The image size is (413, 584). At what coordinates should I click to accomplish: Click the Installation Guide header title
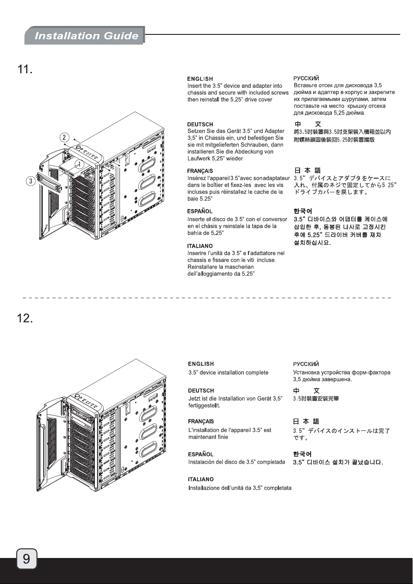pos(86,36)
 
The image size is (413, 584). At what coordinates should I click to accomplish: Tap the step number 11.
pos(25,69)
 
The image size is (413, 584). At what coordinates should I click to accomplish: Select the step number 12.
pos(25,318)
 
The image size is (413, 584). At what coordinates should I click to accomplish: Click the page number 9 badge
pos(26,559)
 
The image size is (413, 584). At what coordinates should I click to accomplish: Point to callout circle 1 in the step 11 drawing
pos(79,164)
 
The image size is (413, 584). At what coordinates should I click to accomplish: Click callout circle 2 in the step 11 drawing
pos(64,137)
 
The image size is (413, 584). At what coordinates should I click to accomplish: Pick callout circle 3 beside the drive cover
pos(31,181)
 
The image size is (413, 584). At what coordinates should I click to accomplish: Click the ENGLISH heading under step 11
pos(200,79)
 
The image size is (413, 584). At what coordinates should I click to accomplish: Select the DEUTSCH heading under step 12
pos(201,390)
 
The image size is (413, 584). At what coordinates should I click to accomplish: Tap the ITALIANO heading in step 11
pos(200,246)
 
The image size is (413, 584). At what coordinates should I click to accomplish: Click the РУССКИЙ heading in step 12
pos(306,364)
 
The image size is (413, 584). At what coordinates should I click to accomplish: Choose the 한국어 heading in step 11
pos(303,211)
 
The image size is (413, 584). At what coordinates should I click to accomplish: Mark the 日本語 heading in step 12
pos(306,421)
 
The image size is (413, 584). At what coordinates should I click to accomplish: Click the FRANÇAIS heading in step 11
pos(200,171)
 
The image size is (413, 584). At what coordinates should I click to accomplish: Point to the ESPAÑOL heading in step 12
pos(201,454)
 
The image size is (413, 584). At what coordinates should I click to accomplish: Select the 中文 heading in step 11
pos(308,124)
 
